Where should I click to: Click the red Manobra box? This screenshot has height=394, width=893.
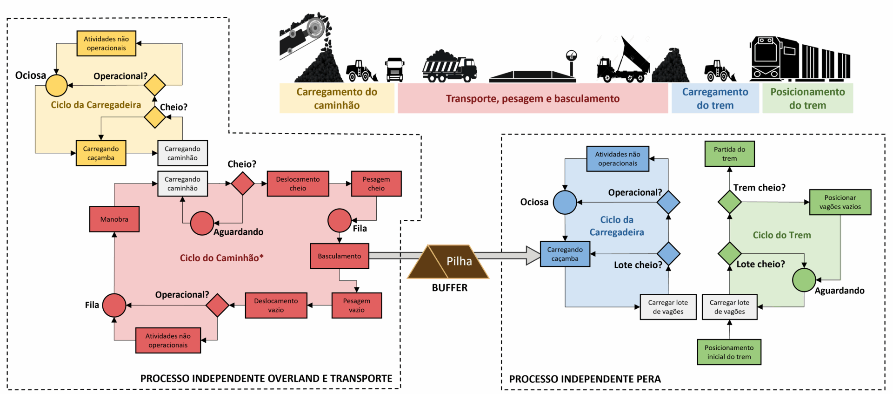114,219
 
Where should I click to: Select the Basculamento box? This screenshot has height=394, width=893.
340,256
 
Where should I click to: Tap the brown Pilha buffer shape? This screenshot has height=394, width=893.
448,262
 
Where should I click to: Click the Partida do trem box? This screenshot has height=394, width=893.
729,154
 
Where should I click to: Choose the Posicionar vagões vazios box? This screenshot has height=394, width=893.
840,202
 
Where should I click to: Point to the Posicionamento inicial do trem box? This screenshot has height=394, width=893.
729,352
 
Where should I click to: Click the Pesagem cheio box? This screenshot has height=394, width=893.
376,183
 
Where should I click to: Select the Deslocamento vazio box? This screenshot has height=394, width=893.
276,306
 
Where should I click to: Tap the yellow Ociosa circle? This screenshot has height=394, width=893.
57,86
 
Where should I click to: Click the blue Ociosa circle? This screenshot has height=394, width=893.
565,202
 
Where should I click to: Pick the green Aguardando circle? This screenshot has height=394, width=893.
804,280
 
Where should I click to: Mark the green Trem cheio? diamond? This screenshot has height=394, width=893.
729,202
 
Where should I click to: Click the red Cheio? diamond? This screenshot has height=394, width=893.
242,183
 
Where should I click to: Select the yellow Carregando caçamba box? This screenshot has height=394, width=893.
101,153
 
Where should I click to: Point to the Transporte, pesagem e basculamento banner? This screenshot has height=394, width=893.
533,98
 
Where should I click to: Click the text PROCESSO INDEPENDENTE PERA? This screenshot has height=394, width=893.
585,379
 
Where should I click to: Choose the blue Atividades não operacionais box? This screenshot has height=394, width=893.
618,159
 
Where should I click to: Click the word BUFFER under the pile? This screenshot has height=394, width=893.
449,288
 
